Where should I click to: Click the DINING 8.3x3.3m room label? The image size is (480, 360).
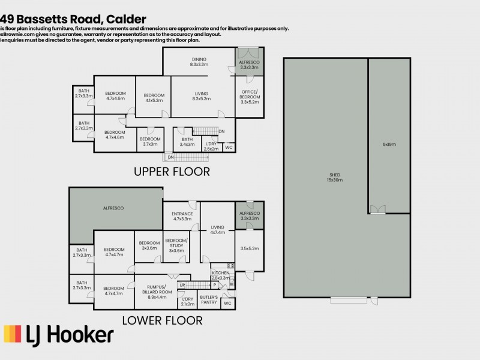point(199,61)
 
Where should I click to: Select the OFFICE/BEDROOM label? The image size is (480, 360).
point(249,97)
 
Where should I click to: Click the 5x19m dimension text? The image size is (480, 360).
point(389,145)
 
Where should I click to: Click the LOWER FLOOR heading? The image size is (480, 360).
point(162,320)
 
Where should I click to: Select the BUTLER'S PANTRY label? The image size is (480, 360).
point(208,301)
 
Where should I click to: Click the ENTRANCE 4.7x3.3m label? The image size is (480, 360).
point(182,216)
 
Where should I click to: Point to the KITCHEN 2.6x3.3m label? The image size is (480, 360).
point(220,275)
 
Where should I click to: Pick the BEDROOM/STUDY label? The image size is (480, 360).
point(176,244)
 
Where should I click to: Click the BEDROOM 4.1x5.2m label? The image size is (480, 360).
point(154,98)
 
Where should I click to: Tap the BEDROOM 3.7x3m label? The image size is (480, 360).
point(150,141)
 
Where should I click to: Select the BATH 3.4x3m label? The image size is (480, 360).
point(187,142)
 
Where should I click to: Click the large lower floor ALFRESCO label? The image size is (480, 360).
point(113,208)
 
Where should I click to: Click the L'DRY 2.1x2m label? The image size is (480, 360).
point(187,301)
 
